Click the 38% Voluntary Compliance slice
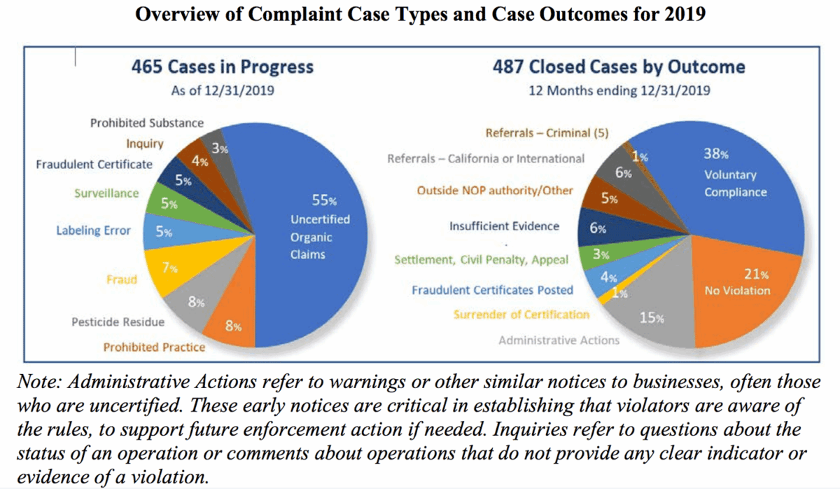pos(728,182)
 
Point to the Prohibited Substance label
pos(147,123)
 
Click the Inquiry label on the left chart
pos(145,144)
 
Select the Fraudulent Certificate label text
pos(94,164)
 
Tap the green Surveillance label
pos(107,193)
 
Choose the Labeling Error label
pos(93,230)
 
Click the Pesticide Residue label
pos(118,322)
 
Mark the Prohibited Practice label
pos(154,347)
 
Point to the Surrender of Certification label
pos(521,315)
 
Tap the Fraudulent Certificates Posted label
pos(492,289)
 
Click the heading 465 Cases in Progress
pos(223,67)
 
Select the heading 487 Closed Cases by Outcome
pos(619,67)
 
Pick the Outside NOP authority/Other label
pos(495,191)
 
